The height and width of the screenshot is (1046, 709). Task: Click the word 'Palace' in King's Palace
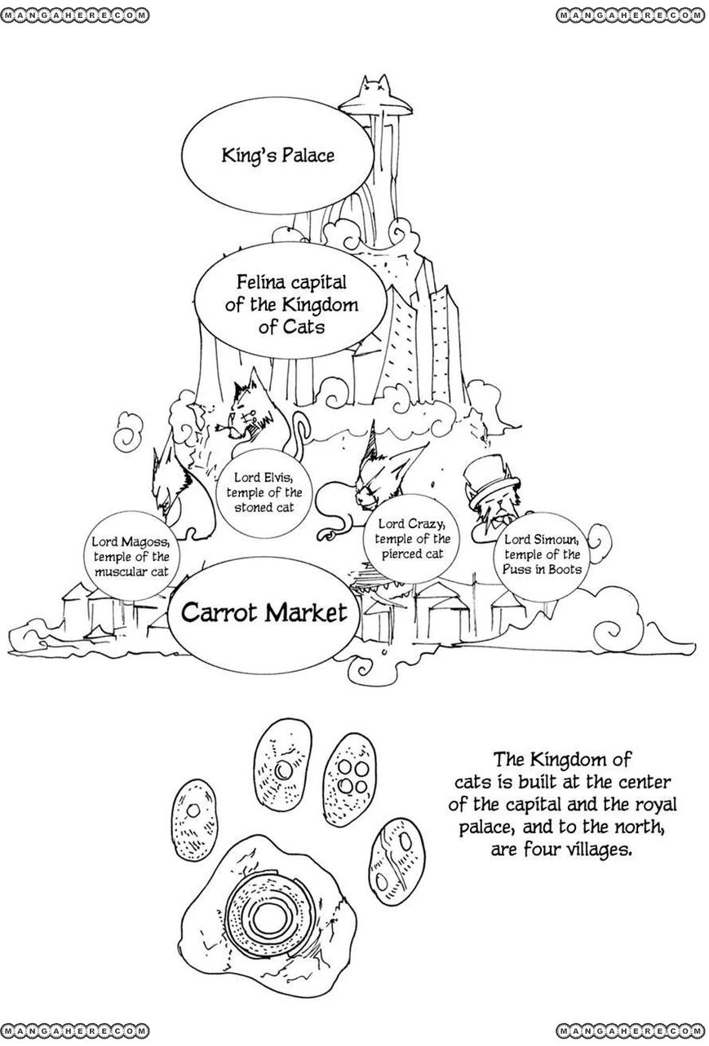pos(307,155)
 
